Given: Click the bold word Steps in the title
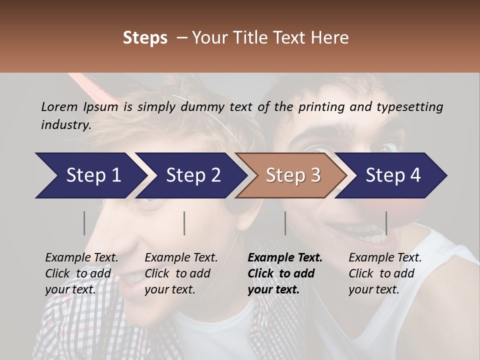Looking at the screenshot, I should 145,38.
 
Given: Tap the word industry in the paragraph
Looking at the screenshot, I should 65,125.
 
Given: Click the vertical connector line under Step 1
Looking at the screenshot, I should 84,223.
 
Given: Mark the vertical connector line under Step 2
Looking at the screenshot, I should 184,223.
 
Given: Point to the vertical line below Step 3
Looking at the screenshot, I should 285,223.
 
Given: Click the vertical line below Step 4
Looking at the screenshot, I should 386,223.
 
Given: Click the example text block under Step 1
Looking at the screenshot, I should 81,273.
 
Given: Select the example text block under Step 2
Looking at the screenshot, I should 181,273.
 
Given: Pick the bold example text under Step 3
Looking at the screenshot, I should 285,273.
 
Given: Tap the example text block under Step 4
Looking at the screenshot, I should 385,273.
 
